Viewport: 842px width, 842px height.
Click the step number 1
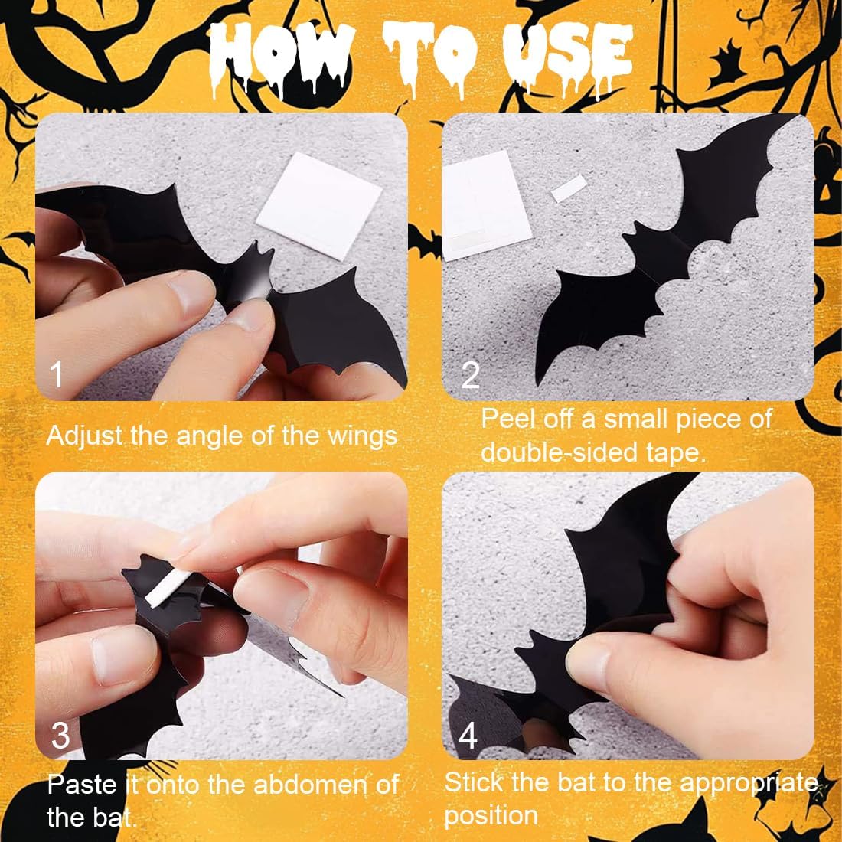(x=57, y=374)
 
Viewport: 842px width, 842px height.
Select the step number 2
(x=471, y=375)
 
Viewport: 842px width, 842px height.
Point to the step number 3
(x=60, y=735)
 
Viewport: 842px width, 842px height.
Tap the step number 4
(x=468, y=735)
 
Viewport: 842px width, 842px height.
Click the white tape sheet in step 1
(x=319, y=206)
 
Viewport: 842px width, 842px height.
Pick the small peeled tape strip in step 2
(x=569, y=188)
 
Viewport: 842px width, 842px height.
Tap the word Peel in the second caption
(x=508, y=419)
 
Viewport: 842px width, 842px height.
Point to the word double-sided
(x=560, y=452)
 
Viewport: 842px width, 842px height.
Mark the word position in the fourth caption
(x=491, y=816)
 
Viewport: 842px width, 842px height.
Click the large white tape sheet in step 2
(x=485, y=205)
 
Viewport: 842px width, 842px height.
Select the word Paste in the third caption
(x=82, y=785)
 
